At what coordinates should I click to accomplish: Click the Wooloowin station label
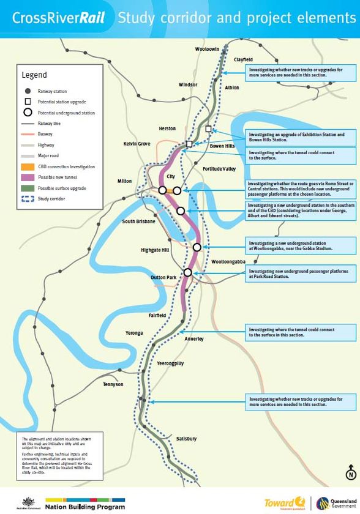coord(207,48)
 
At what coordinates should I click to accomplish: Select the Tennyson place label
coord(113,384)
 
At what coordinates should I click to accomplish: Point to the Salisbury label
coord(186,439)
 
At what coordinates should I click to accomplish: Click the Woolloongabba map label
coord(228,261)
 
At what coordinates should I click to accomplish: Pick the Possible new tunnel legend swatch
coord(26,177)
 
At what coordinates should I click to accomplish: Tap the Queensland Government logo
coord(337,502)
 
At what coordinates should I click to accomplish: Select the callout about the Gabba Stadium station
coord(300,245)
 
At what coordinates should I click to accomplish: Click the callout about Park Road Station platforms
coord(300,274)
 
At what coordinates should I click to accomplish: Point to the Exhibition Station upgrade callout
coord(300,136)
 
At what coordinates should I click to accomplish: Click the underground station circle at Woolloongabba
coord(197,247)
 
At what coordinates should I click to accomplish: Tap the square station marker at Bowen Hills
coord(209,128)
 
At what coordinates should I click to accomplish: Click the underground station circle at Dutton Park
coord(188,272)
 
